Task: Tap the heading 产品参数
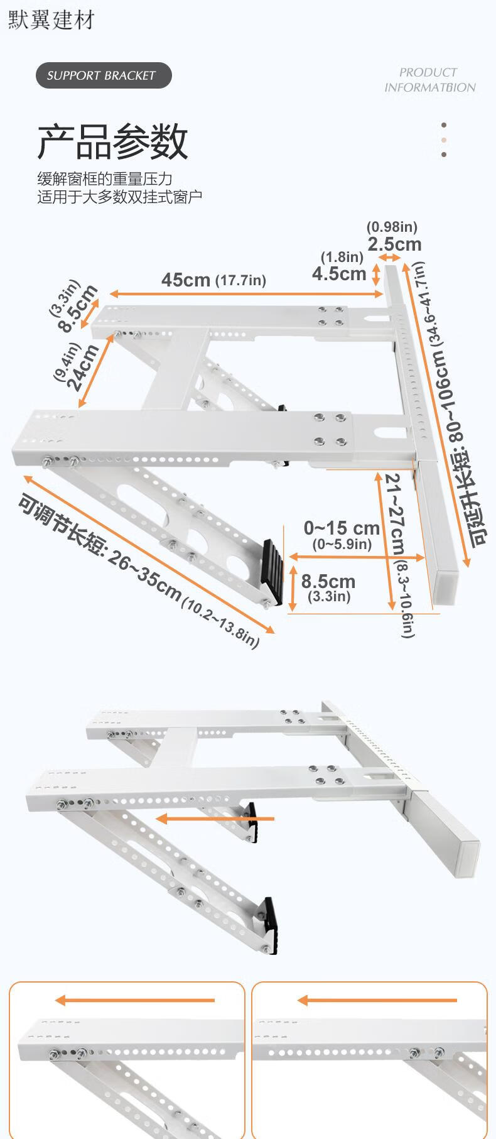click(112, 142)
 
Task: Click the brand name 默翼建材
click(51, 19)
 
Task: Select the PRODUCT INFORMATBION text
click(430, 80)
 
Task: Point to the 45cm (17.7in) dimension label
click(213, 280)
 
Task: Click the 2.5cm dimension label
click(394, 244)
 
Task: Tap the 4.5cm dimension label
click(339, 273)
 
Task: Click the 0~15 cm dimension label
click(342, 528)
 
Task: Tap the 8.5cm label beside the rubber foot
click(328, 581)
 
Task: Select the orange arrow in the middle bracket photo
click(215, 819)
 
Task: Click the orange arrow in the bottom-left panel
click(134, 1000)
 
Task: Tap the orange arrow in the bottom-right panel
click(377, 1000)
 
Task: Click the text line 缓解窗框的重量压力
click(104, 179)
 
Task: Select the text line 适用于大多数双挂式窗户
click(119, 197)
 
